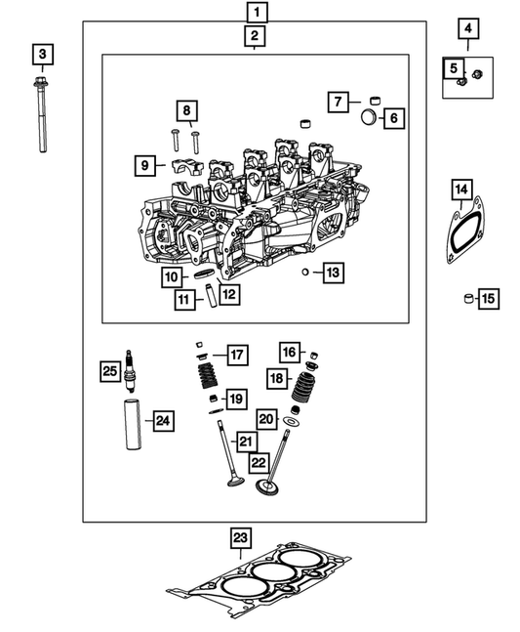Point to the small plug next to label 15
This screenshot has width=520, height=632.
(x=468, y=298)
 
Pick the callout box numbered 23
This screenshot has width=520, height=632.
(x=239, y=537)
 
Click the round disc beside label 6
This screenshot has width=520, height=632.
(x=368, y=118)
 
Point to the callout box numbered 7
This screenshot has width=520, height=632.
(x=337, y=101)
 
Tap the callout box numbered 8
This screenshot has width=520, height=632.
(x=186, y=110)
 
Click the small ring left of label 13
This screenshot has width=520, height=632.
(x=306, y=272)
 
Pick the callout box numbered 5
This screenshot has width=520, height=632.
(x=455, y=68)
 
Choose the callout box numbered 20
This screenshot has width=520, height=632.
(x=267, y=418)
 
